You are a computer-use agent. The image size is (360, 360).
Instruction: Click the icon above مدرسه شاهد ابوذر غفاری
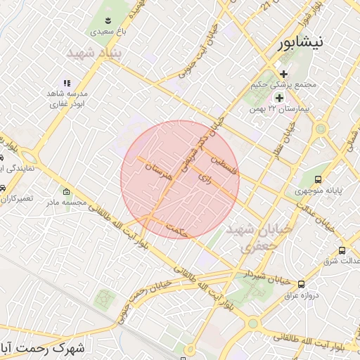[67, 83]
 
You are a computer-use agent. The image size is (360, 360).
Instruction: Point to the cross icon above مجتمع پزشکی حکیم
[284, 73]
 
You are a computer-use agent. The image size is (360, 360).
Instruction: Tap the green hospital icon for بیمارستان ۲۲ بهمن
[279, 98]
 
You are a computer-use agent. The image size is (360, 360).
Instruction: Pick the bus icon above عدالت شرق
[342, 250]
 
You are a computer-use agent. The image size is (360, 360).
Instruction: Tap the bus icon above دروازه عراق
[302, 284]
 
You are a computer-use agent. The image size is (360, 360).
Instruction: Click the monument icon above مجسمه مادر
[67, 192]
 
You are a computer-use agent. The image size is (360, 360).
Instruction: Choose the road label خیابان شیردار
[266, 276]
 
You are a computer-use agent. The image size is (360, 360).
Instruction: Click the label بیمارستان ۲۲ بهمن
[278, 110]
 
